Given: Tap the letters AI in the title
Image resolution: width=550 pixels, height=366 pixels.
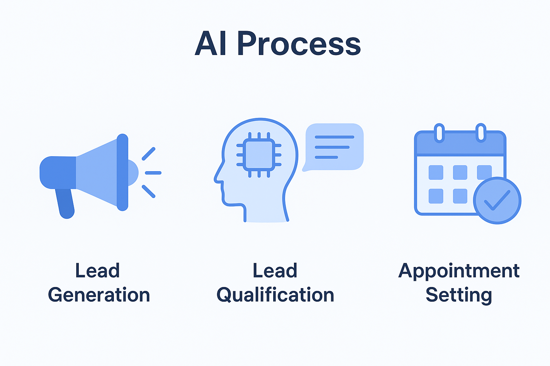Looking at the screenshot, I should [x=211, y=44].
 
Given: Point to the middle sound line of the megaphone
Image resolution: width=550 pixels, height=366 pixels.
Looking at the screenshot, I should [x=153, y=173].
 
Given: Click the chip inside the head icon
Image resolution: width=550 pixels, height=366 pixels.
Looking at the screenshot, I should [x=259, y=155].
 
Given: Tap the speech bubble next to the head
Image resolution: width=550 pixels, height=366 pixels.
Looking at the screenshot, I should [x=334, y=147].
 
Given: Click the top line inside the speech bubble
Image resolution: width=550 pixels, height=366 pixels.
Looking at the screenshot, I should [x=334, y=137].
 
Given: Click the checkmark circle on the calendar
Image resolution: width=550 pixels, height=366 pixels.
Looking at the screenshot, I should [x=497, y=201].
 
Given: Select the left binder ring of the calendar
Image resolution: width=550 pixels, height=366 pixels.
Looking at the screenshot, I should [x=439, y=133].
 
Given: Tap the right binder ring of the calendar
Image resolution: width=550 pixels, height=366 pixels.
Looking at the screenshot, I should [x=481, y=133].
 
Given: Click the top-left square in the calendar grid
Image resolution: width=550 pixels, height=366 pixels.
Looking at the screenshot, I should [x=436, y=172].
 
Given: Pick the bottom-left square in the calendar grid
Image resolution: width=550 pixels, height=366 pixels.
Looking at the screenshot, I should [x=436, y=196].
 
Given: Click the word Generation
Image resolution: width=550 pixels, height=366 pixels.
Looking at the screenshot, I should [x=99, y=295].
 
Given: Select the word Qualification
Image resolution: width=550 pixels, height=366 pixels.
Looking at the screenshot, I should [x=275, y=295].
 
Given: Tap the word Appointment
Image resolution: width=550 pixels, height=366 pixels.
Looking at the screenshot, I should [x=459, y=271].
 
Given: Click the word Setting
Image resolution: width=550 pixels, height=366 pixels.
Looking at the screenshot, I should [x=459, y=295].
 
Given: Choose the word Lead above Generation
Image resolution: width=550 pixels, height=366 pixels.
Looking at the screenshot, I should [x=97, y=271].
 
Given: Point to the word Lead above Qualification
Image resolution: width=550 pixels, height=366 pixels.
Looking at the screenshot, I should [x=275, y=271].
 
